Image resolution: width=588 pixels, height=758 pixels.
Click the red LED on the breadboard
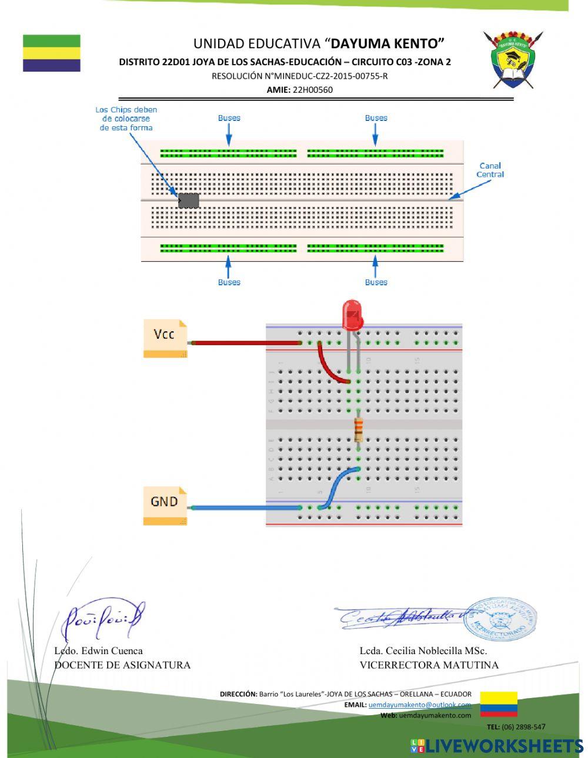(x=353, y=315)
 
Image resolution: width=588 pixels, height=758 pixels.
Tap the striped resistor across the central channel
(x=358, y=430)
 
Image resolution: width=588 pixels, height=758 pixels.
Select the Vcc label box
(x=165, y=338)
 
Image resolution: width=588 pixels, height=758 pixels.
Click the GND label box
(x=165, y=506)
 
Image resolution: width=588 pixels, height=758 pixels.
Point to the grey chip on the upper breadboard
(x=189, y=201)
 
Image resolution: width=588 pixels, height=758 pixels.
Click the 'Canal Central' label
(x=490, y=170)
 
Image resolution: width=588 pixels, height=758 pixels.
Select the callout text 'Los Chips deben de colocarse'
(x=126, y=119)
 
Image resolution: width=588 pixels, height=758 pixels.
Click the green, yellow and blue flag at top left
(x=52, y=53)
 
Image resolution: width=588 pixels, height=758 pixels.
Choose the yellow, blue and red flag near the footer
(x=499, y=704)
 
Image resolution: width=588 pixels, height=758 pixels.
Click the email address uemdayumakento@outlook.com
(x=420, y=705)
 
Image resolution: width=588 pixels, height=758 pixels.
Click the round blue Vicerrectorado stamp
(x=500, y=619)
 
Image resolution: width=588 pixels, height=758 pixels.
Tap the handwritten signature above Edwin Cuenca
(x=103, y=619)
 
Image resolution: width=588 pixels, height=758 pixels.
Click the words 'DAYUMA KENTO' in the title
(x=387, y=43)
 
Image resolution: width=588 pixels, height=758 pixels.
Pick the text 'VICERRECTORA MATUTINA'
(x=429, y=665)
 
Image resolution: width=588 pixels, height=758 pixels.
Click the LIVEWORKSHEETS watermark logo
(x=497, y=746)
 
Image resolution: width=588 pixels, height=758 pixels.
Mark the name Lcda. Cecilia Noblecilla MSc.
(x=423, y=651)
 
